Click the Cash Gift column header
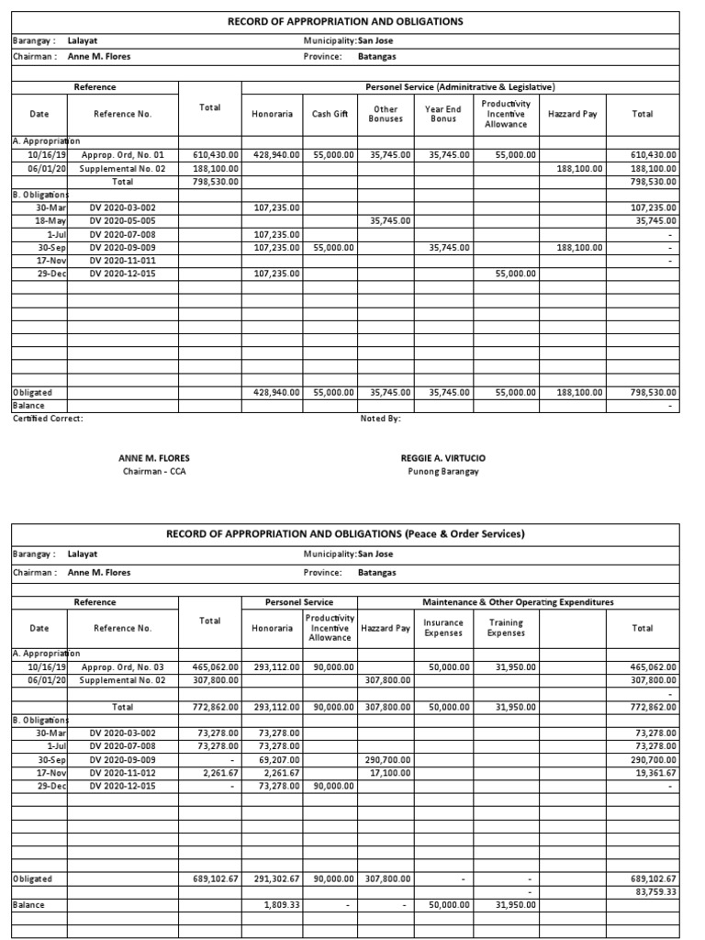coord(330,114)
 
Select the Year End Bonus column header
coord(443,114)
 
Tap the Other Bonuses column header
coord(386,114)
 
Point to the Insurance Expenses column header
coord(443,628)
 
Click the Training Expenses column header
coord(506,628)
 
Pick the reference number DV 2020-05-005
coord(123,221)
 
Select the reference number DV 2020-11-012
coord(123,774)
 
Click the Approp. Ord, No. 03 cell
coord(123,667)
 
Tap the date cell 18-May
coord(49,221)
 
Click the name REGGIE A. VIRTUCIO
coord(442,458)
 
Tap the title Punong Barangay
coord(442,472)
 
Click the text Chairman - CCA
coord(154,472)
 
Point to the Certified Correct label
coord(48,419)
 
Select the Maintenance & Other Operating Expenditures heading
coord(518,602)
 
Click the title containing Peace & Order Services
coord(345,534)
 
